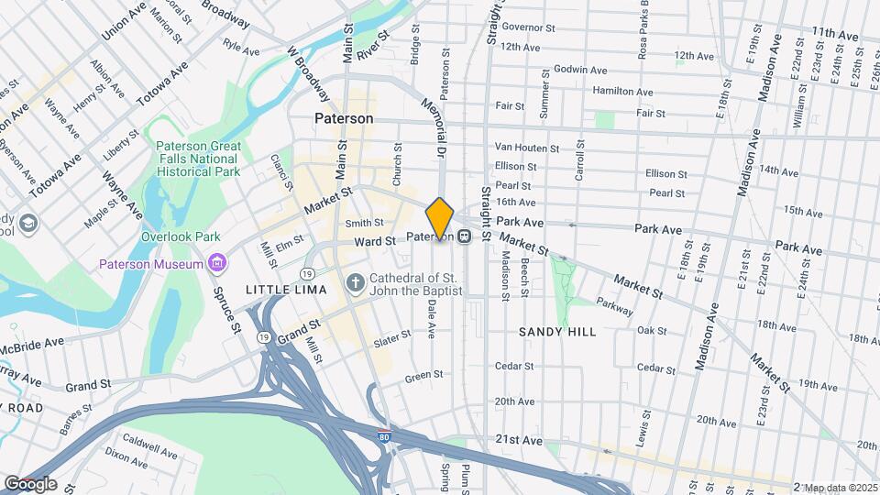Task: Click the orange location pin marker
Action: tap(440, 218)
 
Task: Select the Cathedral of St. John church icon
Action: tap(356, 284)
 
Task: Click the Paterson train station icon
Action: tap(466, 236)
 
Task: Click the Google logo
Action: tap(29, 484)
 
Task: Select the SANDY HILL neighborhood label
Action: tap(557, 332)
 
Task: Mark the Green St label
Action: tap(423, 375)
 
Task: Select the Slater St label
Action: tap(392, 340)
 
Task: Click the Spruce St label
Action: tap(230, 312)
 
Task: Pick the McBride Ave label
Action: tap(33, 341)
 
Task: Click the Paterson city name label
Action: tap(344, 118)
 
